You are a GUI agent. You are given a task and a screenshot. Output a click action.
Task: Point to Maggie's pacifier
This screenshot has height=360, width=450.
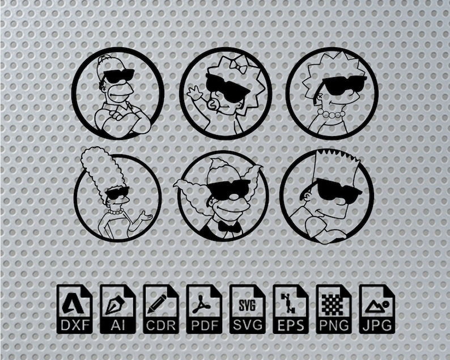tap(216, 106)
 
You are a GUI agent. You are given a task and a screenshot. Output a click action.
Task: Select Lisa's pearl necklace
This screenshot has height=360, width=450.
tap(330, 115)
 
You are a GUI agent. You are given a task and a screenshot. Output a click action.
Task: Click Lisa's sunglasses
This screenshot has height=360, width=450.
tap(343, 86)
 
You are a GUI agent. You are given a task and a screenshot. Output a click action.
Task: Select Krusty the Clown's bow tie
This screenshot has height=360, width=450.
tap(230, 227)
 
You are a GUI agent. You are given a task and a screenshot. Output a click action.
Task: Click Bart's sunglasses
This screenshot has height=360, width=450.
tap(338, 190)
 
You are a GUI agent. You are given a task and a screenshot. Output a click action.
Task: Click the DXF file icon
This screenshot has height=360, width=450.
tap(74, 308)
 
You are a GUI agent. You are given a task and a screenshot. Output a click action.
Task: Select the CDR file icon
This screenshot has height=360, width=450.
tap(160, 308)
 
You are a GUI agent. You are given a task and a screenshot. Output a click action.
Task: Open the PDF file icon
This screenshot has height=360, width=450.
tap(203, 308)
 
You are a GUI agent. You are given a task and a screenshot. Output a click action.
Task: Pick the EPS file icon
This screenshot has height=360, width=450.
tap(290, 308)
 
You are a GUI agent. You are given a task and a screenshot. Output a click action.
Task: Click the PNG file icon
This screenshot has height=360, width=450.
tap(333, 308)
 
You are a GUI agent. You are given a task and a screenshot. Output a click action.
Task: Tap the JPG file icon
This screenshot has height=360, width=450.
tap(376, 308)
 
